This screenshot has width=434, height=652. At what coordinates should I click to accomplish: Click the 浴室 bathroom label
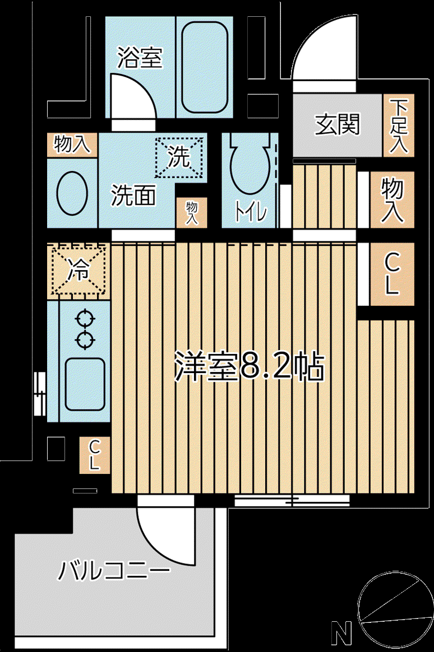pyautogui.click(x=140, y=58)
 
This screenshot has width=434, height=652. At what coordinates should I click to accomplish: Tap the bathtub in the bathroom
pyautogui.click(x=205, y=67)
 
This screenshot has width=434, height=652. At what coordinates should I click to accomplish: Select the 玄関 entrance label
pyautogui.click(x=337, y=124)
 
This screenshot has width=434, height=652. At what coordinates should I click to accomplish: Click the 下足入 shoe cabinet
pyautogui.click(x=399, y=125)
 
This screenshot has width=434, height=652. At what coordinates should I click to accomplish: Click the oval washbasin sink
pyautogui.click(x=72, y=193)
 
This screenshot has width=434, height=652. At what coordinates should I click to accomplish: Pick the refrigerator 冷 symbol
pyautogui.click(x=79, y=271)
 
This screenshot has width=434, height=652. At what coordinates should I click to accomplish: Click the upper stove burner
pyautogui.click(x=85, y=319)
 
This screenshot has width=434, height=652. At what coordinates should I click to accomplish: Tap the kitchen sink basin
pyautogui.click(x=85, y=384)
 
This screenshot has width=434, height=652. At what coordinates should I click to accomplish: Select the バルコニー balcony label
pyautogui.click(x=114, y=570)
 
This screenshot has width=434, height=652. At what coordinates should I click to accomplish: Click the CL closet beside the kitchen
pyautogui.click(x=95, y=455)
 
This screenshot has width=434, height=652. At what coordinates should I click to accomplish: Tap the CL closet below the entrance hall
pyautogui.click(x=392, y=274)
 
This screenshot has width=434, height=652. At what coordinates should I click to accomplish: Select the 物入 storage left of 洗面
pyautogui.click(x=72, y=145)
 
